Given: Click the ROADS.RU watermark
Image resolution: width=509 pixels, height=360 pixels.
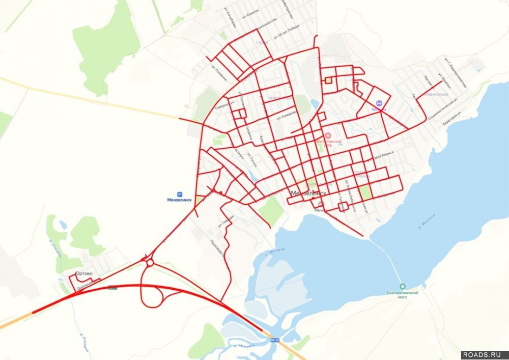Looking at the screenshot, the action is click(485, 354).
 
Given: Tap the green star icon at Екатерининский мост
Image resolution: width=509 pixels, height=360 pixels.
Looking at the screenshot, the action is click(403, 286).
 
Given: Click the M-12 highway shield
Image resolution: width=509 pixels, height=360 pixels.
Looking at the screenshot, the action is click(275, 340).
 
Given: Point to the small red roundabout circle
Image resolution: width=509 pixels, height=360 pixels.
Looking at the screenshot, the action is click(150, 263).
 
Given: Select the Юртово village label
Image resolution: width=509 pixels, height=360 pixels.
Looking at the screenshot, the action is click(83, 274).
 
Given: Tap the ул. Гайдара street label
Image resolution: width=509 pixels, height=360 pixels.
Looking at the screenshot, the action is click(226, 220).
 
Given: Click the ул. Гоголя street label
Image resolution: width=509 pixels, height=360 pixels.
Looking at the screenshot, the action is click(252, 161).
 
